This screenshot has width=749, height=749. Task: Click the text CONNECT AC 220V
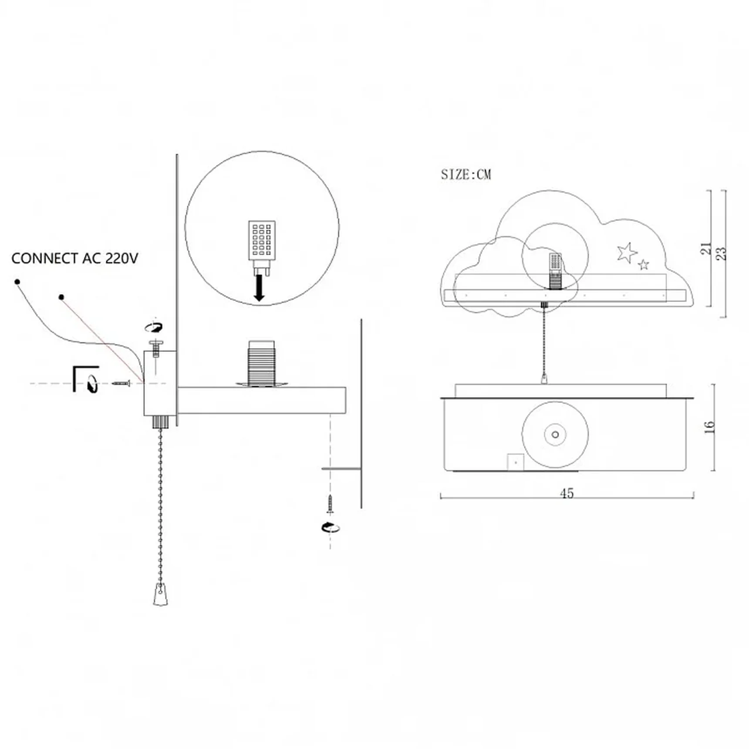click(74, 258)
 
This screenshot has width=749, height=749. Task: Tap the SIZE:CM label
click(466, 175)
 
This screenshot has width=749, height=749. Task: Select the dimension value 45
click(567, 493)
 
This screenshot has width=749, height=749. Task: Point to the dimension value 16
click(709, 427)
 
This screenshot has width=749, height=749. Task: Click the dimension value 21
click(705, 249)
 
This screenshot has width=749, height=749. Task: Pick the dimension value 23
click(721, 253)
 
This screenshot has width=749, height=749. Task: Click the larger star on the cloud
click(627, 253)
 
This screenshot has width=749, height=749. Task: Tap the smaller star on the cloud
click(643, 264)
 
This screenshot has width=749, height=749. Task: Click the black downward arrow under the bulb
click(259, 288)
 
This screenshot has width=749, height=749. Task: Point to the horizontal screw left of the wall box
click(121, 383)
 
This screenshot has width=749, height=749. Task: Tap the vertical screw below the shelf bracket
click(330, 504)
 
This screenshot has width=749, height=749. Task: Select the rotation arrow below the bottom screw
click(331, 527)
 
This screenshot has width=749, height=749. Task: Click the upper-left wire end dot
click(17, 282)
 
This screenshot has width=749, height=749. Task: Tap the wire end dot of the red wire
click(61, 297)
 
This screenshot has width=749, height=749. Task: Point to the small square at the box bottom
click(516, 462)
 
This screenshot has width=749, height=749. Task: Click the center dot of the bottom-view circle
click(555, 434)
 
